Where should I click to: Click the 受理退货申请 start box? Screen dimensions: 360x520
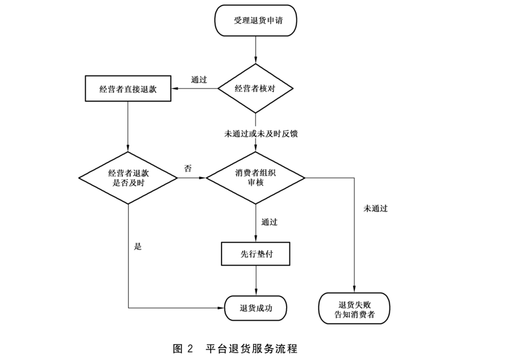coord(255,21)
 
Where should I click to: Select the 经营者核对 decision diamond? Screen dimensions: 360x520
coord(255,89)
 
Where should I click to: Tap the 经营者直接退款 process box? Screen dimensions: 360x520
coord(128,89)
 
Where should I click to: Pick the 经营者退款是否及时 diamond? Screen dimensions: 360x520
coord(128,178)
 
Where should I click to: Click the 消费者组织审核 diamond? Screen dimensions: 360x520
coord(255,178)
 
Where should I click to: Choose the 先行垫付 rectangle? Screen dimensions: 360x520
coord(256,254)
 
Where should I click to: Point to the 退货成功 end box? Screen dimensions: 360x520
coord(256,308)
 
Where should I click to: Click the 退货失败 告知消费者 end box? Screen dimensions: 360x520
coord(354,308)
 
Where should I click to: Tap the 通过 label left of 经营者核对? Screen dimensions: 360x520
coord(199,79)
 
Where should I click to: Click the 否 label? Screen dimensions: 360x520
coord(188,168)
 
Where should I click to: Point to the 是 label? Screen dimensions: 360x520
coord(138,247)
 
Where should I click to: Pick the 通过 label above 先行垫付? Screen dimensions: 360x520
coord(269,222)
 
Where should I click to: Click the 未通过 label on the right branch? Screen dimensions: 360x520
coord(376,208)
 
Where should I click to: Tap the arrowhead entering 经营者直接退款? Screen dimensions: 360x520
coord(174,89)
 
